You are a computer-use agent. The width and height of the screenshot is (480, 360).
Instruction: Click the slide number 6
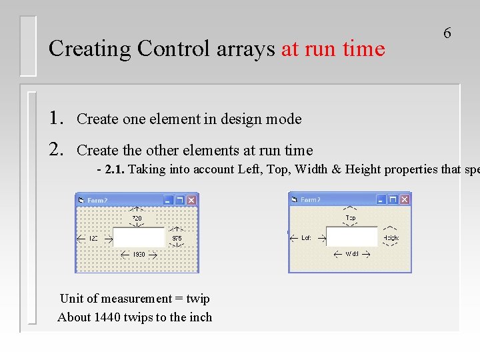pos(447,33)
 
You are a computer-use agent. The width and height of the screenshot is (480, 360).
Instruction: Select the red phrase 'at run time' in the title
pos(333,49)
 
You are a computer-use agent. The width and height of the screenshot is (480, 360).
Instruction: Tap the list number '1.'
pos(57,119)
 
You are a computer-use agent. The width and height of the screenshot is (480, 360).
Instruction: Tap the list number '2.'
pos(57,150)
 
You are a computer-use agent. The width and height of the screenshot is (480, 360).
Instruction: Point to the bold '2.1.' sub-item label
pos(115,169)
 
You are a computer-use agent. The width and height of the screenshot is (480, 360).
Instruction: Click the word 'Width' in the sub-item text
pos(311,169)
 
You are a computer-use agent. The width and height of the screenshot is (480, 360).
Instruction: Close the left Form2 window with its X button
pos(191,200)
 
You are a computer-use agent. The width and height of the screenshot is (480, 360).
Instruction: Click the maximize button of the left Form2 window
pos(180,200)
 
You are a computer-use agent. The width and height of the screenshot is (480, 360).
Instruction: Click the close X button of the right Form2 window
pos(404,199)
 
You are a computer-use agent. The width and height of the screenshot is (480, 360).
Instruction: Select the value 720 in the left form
pos(137,218)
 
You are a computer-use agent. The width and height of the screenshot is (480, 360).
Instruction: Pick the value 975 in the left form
pos(177,238)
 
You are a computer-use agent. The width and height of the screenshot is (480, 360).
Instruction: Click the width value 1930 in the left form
pos(139,255)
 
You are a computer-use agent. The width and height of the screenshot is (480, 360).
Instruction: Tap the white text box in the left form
pos(139,237)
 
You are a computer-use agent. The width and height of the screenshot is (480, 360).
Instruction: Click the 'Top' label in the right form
pos(350,218)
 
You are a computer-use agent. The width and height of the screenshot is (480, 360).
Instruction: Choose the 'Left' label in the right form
pos(306,237)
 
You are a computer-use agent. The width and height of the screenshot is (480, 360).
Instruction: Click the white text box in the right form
pos(351,236)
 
